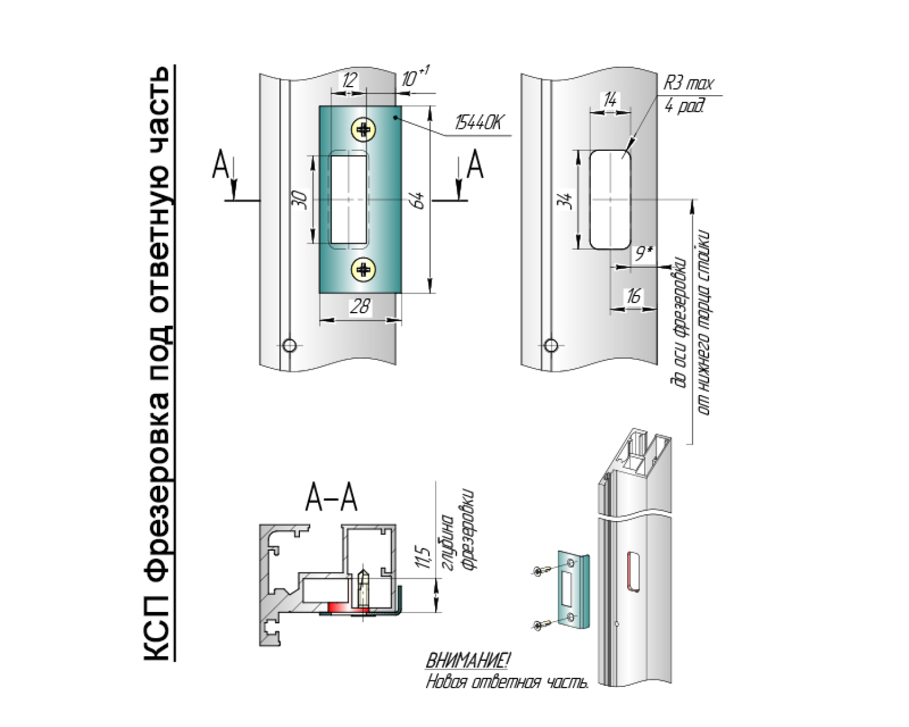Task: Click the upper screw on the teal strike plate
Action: (x=364, y=128)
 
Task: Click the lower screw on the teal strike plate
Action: (x=364, y=270)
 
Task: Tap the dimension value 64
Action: (x=418, y=201)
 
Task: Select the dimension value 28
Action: (x=360, y=307)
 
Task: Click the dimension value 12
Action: (x=348, y=81)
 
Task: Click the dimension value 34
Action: (x=565, y=200)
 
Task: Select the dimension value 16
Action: (x=633, y=297)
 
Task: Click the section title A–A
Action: (x=331, y=499)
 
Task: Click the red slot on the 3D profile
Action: (x=633, y=571)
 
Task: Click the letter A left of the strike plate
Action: (x=221, y=165)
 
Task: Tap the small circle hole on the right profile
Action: (x=550, y=345)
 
